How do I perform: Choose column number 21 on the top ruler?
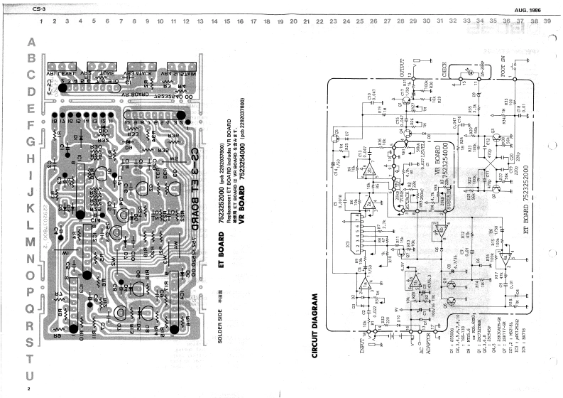click(x=306, y=23)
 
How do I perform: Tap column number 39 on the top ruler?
click(x=547, y=23)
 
